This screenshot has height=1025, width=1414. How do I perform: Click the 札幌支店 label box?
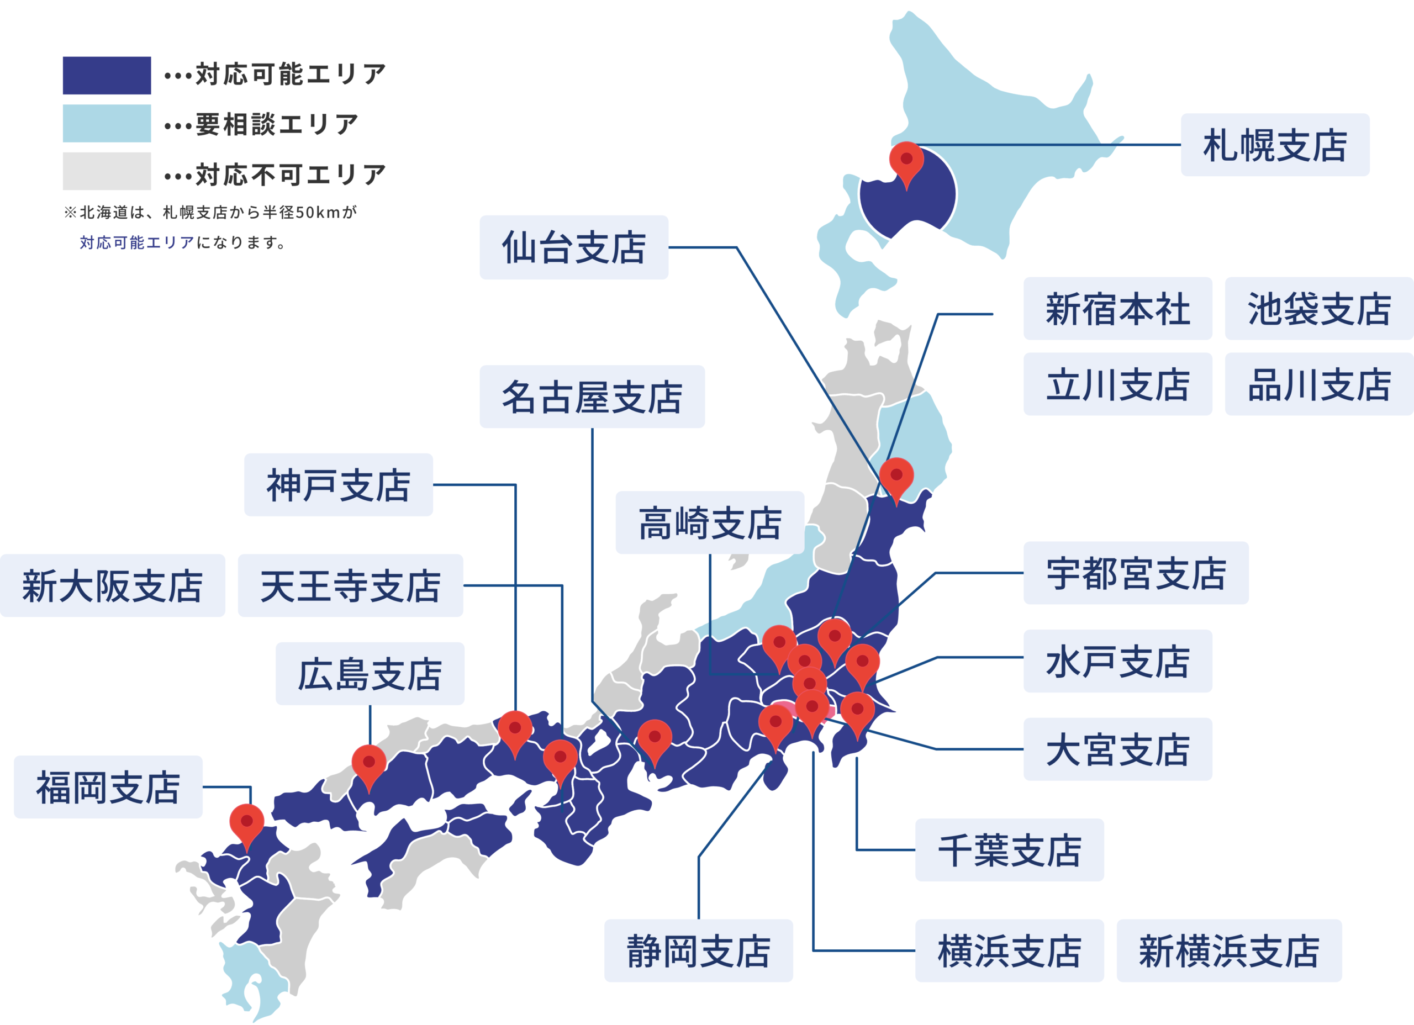click(1274, 145)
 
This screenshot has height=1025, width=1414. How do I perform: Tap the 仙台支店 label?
click(573, 247)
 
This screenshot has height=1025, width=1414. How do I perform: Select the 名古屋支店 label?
click(592, 397)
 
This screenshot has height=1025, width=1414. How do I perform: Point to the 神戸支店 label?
click(339, 484)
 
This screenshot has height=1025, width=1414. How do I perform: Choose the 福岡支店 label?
click(108, 787)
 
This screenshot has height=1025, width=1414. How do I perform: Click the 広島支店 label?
click(370, 673)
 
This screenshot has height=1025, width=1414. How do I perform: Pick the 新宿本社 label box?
click(1117, 309)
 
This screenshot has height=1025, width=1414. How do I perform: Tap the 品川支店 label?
click(1318, 384)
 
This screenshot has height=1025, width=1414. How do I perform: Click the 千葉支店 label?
click(1009, 850)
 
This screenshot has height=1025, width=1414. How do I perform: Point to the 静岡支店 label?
click(698, 950)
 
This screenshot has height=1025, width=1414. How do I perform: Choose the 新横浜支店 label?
click(1228, 950)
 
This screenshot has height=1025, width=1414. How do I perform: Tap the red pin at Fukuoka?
click(247, 823)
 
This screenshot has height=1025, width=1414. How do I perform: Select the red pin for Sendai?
click(896, 477)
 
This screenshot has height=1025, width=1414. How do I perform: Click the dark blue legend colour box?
click(107, 76)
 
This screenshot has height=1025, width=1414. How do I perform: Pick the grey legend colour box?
click(107, 171)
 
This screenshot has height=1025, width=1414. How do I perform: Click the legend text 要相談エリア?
click(277, 124)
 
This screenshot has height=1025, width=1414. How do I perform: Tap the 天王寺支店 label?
click(350, 585)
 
